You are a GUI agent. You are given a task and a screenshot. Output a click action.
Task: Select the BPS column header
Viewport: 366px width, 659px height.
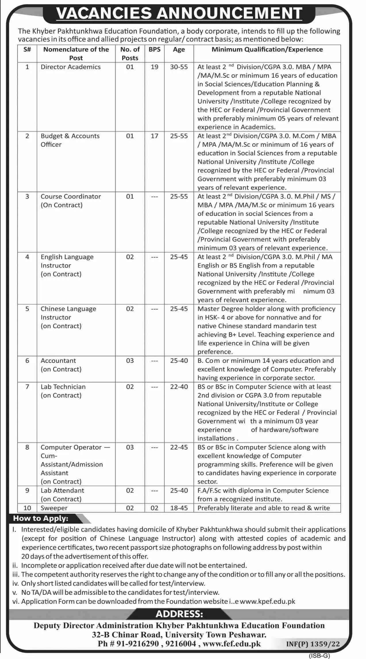point(155,49)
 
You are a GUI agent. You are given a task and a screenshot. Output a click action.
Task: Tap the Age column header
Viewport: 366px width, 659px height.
point(179,50)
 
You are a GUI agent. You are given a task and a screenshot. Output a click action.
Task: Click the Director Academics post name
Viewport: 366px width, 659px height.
point(71,67)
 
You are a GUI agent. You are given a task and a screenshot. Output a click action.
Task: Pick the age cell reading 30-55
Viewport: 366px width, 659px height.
point(179,67)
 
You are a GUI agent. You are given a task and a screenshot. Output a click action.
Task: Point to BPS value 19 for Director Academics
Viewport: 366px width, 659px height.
point(155,67)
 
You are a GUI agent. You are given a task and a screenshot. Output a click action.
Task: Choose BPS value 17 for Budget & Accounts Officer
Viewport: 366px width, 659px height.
point(155,136)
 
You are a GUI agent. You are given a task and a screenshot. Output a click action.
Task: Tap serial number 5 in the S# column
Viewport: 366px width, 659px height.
point(27,309)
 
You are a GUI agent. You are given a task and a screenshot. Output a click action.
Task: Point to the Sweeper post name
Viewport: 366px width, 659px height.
point(54,508)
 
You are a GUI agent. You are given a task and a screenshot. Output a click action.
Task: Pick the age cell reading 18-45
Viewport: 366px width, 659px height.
point(179,508)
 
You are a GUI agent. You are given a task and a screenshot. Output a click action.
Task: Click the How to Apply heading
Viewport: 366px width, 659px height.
point(41,518)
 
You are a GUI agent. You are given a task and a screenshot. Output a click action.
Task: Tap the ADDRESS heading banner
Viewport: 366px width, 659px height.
point(179,614)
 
